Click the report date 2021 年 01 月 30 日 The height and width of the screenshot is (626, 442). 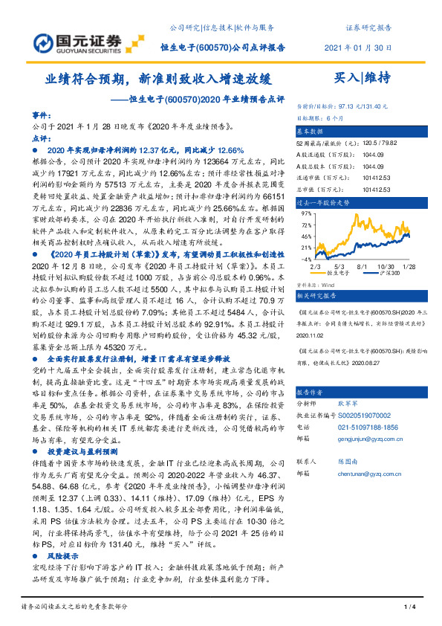358,47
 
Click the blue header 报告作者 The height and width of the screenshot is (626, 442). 313,391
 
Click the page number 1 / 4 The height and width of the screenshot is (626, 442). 408,608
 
